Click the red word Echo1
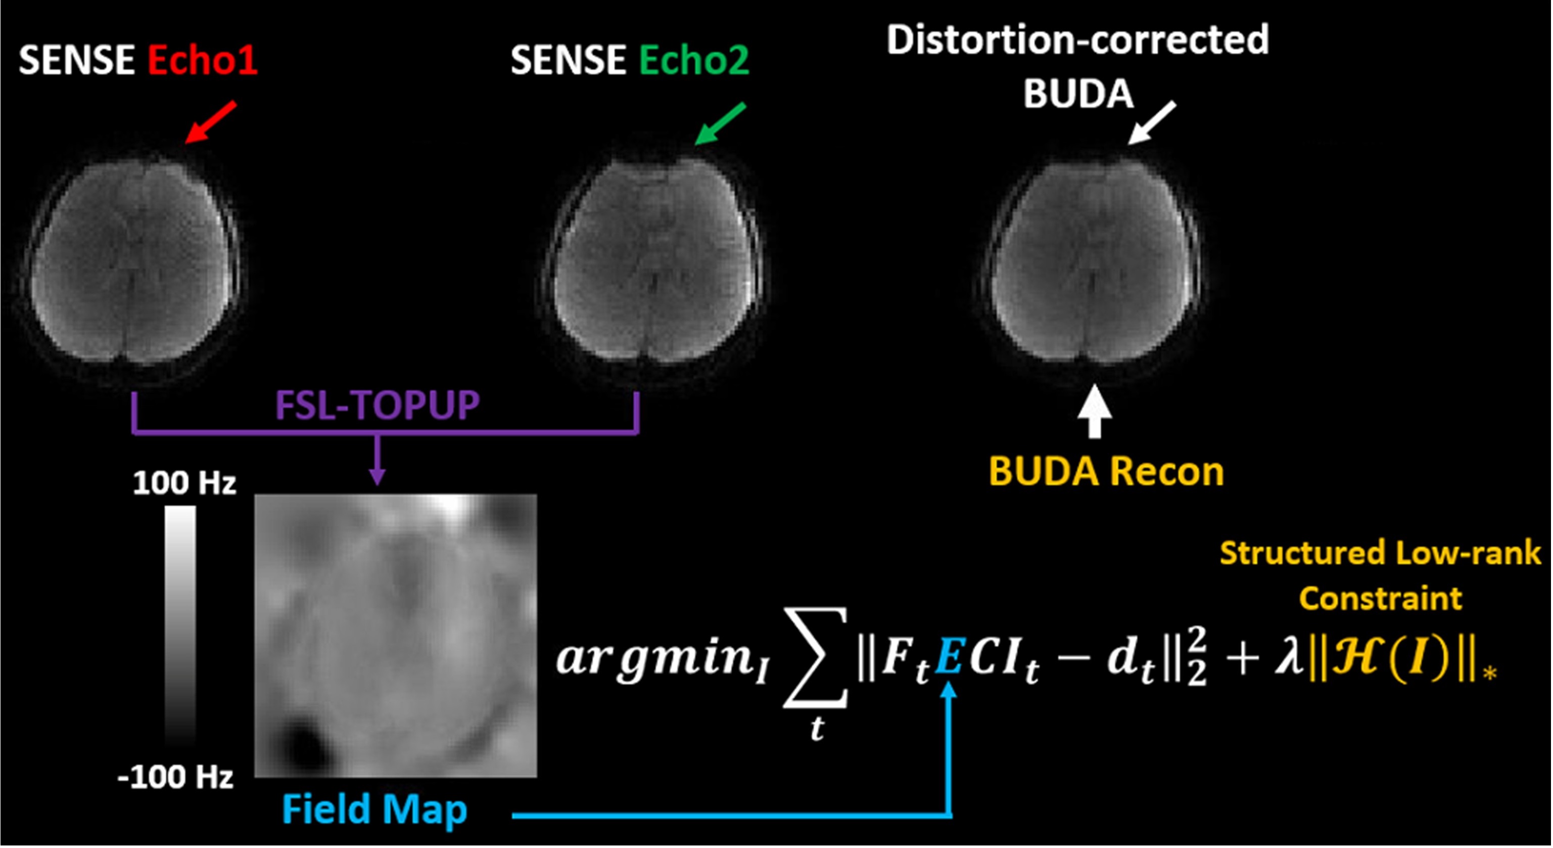[x=203, y=60]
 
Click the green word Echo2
[x=694, y=60]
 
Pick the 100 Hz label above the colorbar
[x=184, y=483]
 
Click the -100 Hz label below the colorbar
[x=175, y=777]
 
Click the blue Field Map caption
[x=374, y=810]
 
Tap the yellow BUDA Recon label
[x=1106, y=472]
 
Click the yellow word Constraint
[x=1381, y=598]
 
